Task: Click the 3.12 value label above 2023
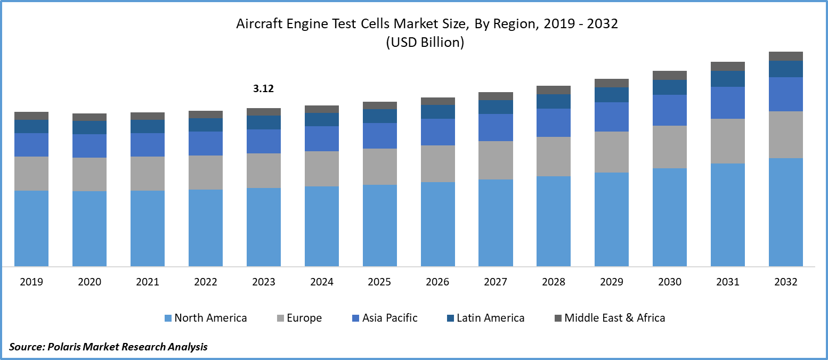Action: (263, 89)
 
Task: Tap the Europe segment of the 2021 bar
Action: (148, 173)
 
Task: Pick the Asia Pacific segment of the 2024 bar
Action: (322, 138)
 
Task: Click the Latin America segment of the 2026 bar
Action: (438, 112)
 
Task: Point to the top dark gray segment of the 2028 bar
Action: (554, 90)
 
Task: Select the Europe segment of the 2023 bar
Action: (264, 170)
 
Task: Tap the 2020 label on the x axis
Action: (90, 282)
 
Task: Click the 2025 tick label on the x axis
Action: (379, 282)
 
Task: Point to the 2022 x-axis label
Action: (206, 282)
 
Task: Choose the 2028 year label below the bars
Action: (554, 282)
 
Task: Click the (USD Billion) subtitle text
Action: (425, 43)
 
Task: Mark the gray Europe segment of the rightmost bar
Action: (786, 134)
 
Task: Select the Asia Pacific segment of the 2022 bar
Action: (206, 143)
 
